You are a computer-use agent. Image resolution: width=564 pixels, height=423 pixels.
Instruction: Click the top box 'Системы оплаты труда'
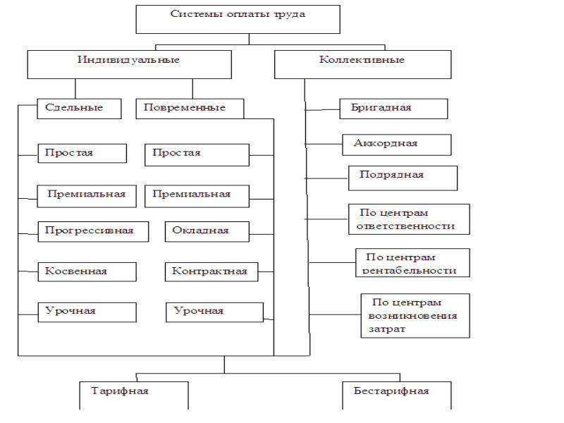click(x=238, y=20)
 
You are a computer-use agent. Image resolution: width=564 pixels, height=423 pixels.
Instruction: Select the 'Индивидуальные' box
click(x=130, y=64)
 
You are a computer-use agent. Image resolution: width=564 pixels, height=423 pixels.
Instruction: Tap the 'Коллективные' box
click(x=362, y=64)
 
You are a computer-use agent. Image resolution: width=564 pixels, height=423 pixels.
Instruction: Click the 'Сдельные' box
click(x=79, y=109)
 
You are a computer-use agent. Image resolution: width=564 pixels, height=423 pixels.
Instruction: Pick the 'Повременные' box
click(x=190, y=109)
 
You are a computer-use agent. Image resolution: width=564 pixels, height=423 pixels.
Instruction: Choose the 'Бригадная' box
click(x=393, y=109)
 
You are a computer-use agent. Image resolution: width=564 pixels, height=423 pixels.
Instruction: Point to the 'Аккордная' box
click(x=396, y=145)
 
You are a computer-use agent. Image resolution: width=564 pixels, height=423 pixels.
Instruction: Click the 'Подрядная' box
click(x=403, y=178)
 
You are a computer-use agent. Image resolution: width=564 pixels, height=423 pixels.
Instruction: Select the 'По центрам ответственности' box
click(x=409, y=219)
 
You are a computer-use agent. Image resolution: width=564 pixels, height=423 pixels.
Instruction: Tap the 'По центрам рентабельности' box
click(x=412, y=262)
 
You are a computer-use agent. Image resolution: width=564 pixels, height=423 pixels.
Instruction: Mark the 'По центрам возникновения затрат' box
click(x=415, y=316)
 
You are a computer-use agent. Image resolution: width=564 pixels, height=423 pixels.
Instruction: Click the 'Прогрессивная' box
click(x=93, y=232)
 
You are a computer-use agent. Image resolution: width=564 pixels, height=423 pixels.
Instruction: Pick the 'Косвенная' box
click(x=87, y=272)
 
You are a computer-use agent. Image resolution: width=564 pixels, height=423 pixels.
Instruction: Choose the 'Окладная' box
click(x=207, y=232)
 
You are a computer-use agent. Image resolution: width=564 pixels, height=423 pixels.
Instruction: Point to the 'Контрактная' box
click(x=211, y=272)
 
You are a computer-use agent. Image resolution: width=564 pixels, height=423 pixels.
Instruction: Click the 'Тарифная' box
click(x=134, y=396)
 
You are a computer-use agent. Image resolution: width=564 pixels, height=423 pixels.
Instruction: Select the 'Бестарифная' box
click(x=397, y=396)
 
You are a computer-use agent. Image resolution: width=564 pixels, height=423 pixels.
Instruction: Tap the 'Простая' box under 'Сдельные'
click(x=82, y=153)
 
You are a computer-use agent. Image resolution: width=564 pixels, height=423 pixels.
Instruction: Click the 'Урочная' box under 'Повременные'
click(x=214, y=312)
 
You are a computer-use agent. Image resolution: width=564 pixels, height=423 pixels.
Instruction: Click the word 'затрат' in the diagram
click(x=387, y=329)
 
